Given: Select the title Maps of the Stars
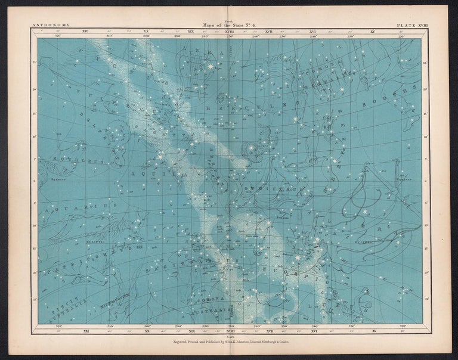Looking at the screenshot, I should point(228,25).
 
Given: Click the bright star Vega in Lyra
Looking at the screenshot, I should point(210,66).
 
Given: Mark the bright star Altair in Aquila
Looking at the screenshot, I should point(160,157).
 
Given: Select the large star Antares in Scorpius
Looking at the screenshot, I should point(296,257).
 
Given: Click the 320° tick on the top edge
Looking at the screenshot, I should point(58,36).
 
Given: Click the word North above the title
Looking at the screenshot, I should point(228,20).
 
